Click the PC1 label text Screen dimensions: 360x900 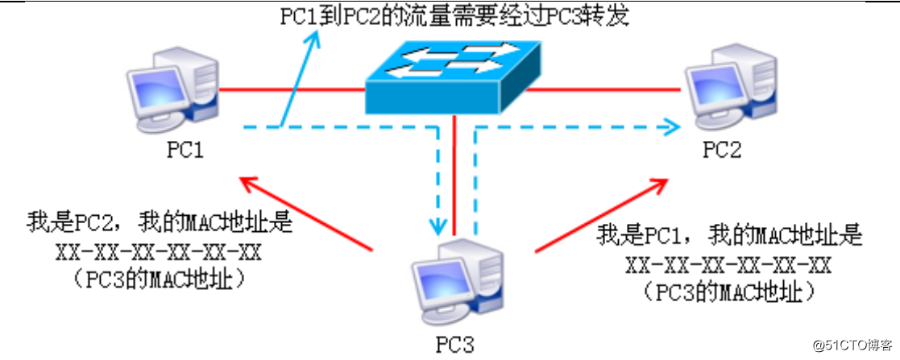click(x=186, y=151)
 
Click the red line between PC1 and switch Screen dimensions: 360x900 click(x=290, y=89)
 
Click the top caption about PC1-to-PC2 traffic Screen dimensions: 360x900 click(x=454, y=16)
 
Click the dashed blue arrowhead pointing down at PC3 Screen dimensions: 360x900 click(x=438, y=224)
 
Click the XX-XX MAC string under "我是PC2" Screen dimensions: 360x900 click(x=159, y=252)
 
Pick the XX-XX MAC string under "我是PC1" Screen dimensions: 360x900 click(x=728, y=265)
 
